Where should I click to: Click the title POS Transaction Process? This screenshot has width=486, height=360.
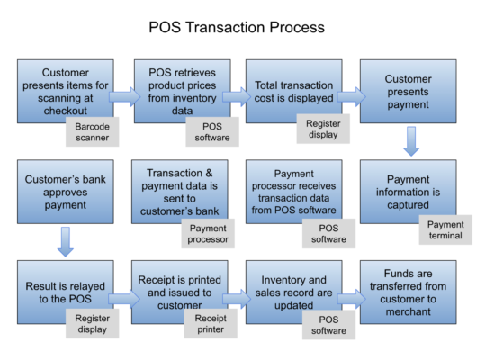pyautogui.click(x=237, y=28)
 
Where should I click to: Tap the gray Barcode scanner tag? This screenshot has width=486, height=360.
pyautogui.click(x=92, y=133)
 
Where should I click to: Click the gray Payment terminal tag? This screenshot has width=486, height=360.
pyautogui.click(x=445, y=230)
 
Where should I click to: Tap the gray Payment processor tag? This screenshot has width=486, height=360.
pyautogui.click(x=207, y=233)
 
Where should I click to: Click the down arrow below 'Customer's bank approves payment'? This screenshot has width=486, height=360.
pyautogui.click(x=65, y=241)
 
